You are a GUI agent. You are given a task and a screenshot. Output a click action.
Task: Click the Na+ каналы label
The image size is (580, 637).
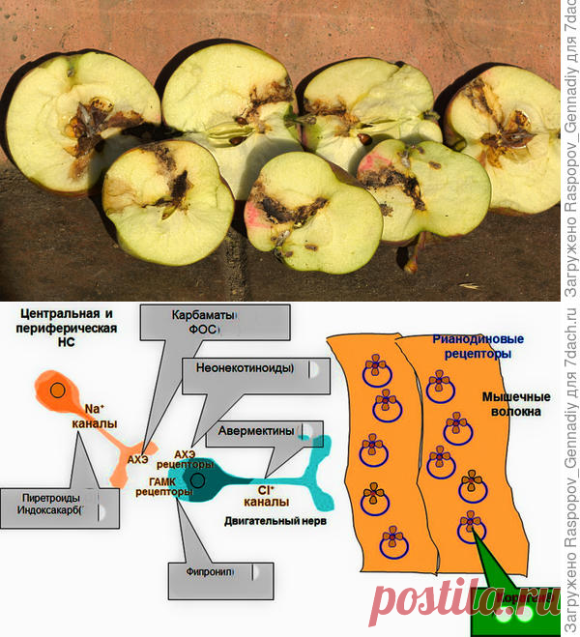coord(95,416)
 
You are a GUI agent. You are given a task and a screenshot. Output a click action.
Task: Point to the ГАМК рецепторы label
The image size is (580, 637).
coord(170,486)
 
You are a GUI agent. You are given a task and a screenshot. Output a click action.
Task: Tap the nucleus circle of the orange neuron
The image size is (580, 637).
coord(59,391)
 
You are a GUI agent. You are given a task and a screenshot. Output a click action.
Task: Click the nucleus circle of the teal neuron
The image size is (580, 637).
coord(198,479)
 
